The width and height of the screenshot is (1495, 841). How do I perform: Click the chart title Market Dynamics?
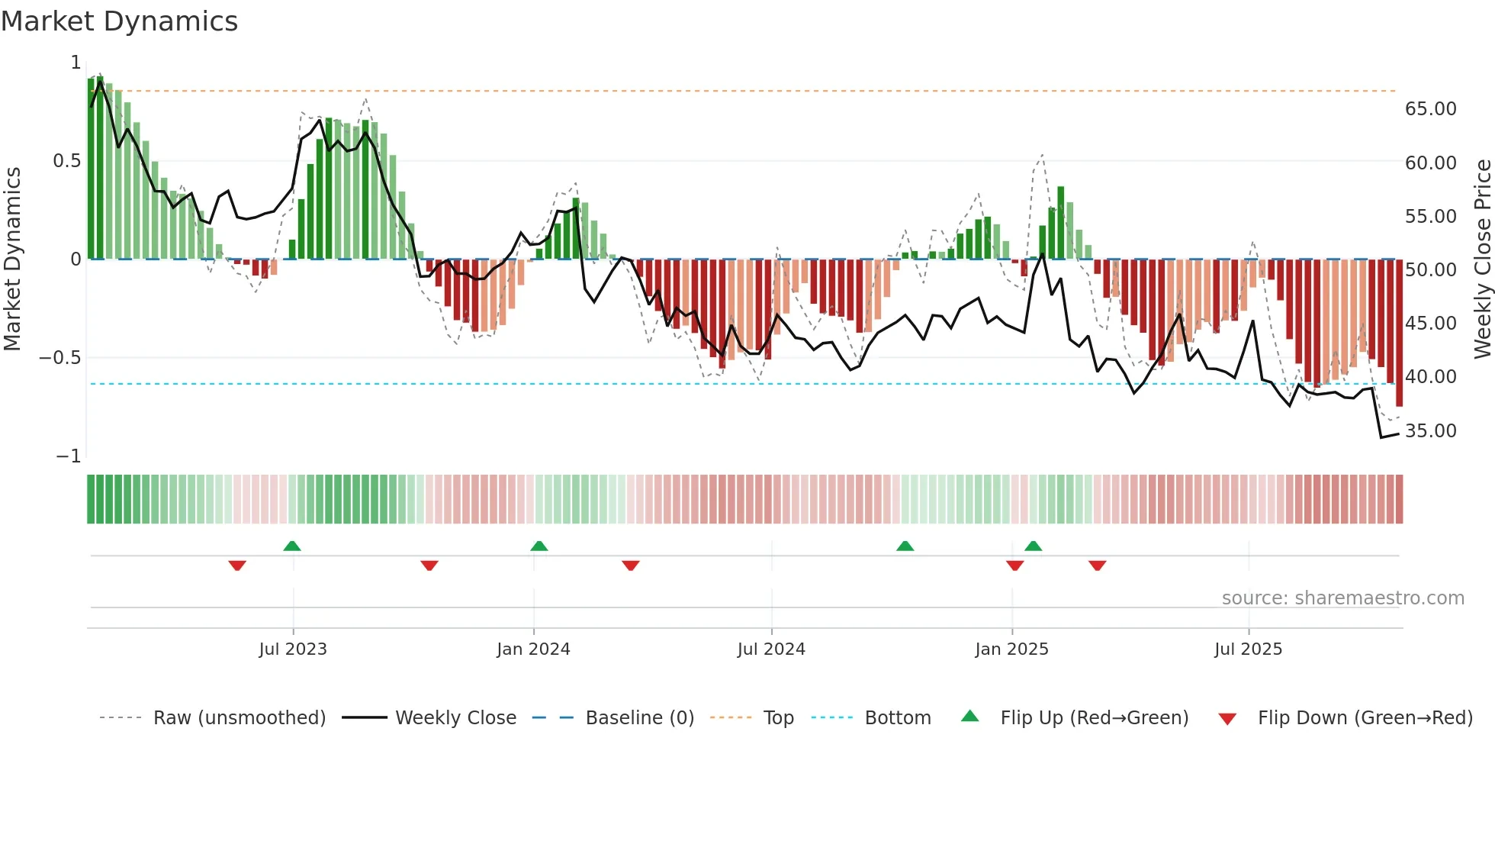[119, 21]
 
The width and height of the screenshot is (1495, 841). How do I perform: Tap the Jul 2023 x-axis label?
[293, 649]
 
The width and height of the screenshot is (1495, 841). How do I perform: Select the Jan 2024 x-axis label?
[533, 649]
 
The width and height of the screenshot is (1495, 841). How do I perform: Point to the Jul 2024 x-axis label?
[771, 649]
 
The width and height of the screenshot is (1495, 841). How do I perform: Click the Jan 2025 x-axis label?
[1011, 649]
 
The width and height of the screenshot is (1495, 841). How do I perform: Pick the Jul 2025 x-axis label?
[1248, 649]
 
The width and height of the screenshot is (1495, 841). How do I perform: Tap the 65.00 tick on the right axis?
[1430, 109]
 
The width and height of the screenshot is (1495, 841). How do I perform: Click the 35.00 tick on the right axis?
[1430, 431]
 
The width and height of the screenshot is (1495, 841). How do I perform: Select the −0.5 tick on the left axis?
[60, 358]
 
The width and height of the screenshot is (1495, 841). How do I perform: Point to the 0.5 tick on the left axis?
[66, 161]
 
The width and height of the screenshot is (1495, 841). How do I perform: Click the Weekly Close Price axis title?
[1482, 259]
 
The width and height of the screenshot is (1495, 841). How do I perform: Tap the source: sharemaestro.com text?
[1342, 598]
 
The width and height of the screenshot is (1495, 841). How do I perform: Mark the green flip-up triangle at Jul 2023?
[292, 546]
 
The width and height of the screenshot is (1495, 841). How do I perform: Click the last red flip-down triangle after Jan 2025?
[1098, 565]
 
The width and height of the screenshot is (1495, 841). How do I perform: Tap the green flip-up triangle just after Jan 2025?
[1033, 546]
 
